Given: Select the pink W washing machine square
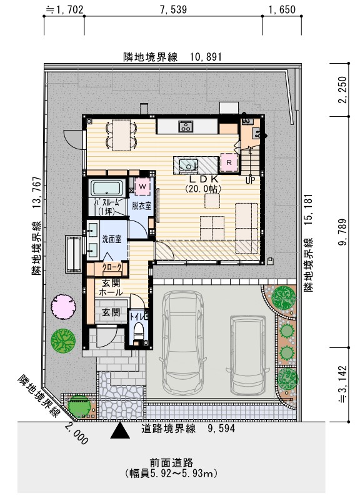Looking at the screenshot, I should click(142, 186).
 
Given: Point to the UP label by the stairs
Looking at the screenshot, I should click(251, 181).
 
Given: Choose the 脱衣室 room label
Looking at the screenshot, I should click(141, 206).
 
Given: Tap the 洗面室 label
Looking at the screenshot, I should click(112, 239).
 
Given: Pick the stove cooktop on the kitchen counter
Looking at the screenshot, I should click(186, 127).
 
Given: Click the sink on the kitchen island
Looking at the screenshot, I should click(187, 165).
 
